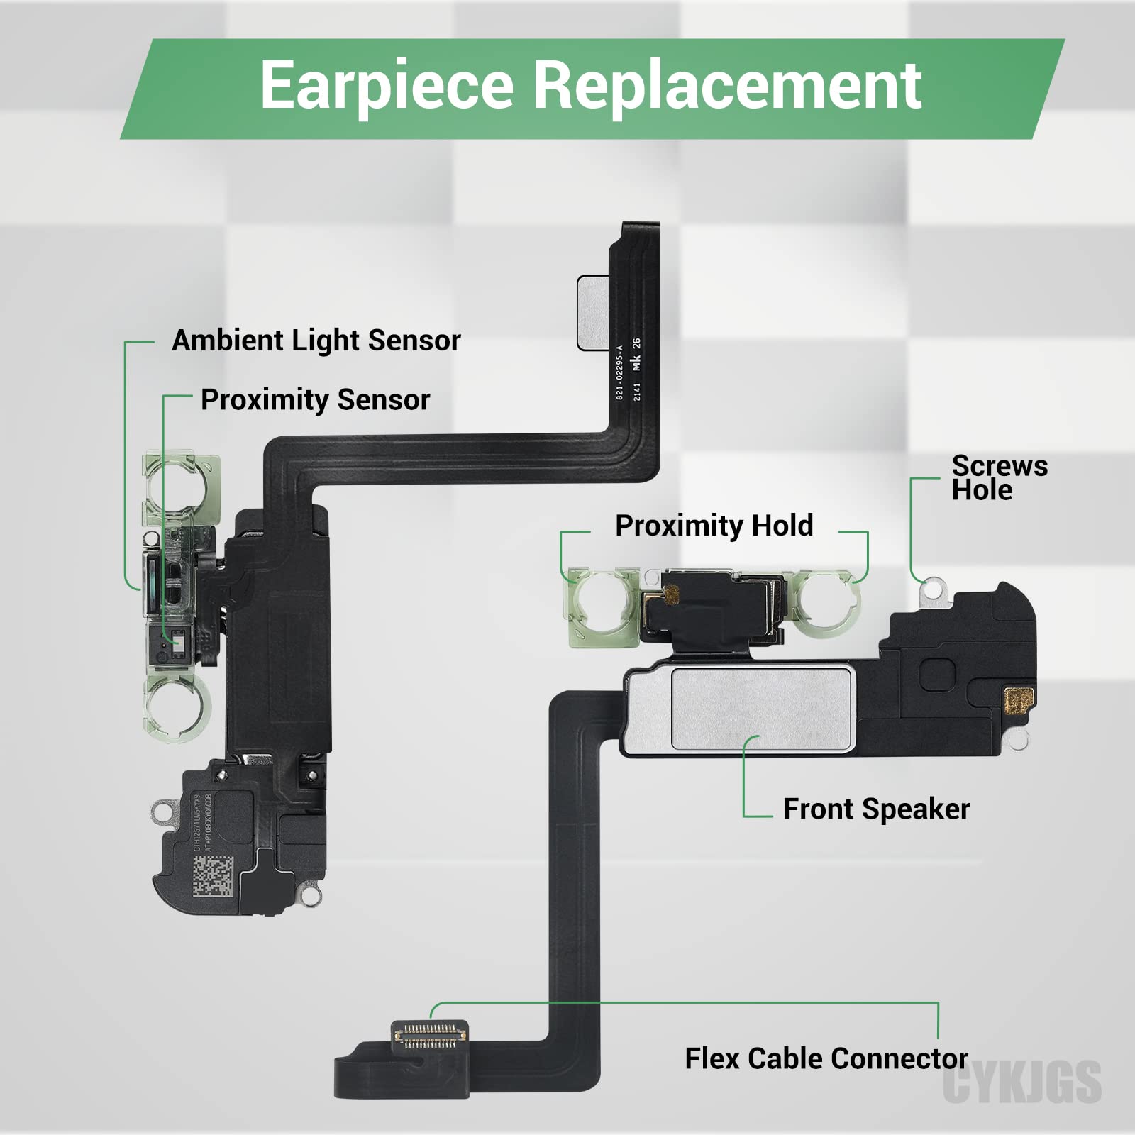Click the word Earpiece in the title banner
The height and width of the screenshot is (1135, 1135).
[387, 85]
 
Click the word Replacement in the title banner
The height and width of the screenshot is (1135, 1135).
[726, 85]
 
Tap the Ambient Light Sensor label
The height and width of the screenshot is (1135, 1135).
[316, 340]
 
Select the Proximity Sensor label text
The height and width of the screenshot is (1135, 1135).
[315, 400]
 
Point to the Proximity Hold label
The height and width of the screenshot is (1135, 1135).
[714, 526]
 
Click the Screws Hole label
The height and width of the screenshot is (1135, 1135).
[999, 478]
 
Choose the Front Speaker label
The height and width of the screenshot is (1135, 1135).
[876, 809]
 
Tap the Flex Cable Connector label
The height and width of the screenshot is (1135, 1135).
[826, 1058]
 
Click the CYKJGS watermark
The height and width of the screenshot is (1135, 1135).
[1021, 1083]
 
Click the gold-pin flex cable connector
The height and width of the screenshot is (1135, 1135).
[431, 1036]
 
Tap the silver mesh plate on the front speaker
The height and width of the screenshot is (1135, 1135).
[763, 707]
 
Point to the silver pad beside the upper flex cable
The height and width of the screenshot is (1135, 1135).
[593, 313]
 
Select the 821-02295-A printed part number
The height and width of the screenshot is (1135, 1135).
[619, 372]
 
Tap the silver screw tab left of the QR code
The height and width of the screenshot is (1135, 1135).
[165, 809]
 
